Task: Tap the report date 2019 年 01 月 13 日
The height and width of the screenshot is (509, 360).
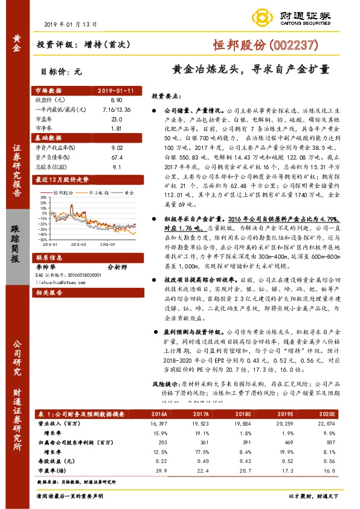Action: (71, 24)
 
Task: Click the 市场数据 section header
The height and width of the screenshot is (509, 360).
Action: (50, 90)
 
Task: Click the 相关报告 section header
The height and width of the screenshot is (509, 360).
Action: (50, 292)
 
